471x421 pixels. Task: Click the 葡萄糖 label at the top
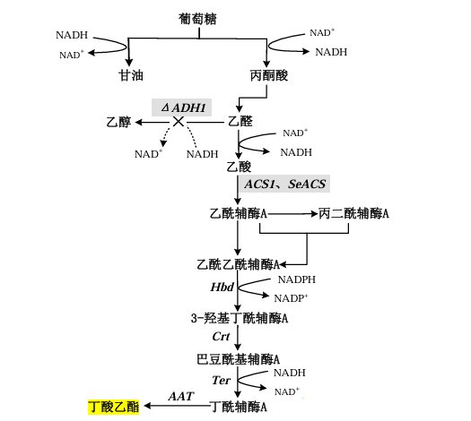point(199,18)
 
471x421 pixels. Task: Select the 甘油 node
point(131,76)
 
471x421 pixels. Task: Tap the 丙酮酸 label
point(268,76)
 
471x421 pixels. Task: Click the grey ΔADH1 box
point(183,108)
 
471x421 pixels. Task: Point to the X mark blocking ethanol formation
point(179,122)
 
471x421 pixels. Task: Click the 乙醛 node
point(240,122)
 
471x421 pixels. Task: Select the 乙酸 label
point(240,167)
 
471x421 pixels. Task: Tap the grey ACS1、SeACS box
point(285,184)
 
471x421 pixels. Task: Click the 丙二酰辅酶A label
point(353,214)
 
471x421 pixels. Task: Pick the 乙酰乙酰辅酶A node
point(239,264)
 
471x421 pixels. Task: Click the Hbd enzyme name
point(222,288)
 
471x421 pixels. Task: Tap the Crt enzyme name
point(222,338)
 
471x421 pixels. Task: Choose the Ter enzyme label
point(222,381)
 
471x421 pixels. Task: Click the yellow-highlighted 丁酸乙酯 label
point(113,407)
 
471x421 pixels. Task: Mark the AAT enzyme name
point(182,396)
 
